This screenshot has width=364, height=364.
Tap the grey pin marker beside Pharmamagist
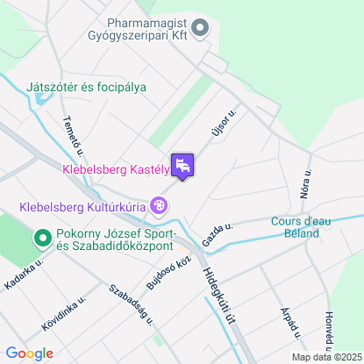(201, 29)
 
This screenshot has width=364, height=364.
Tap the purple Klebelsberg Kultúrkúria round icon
(159, 207)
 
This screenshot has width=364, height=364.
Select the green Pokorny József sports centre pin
(41, 238)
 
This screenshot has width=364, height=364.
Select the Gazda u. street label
(217, 234)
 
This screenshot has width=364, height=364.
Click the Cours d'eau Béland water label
(301, 228)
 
